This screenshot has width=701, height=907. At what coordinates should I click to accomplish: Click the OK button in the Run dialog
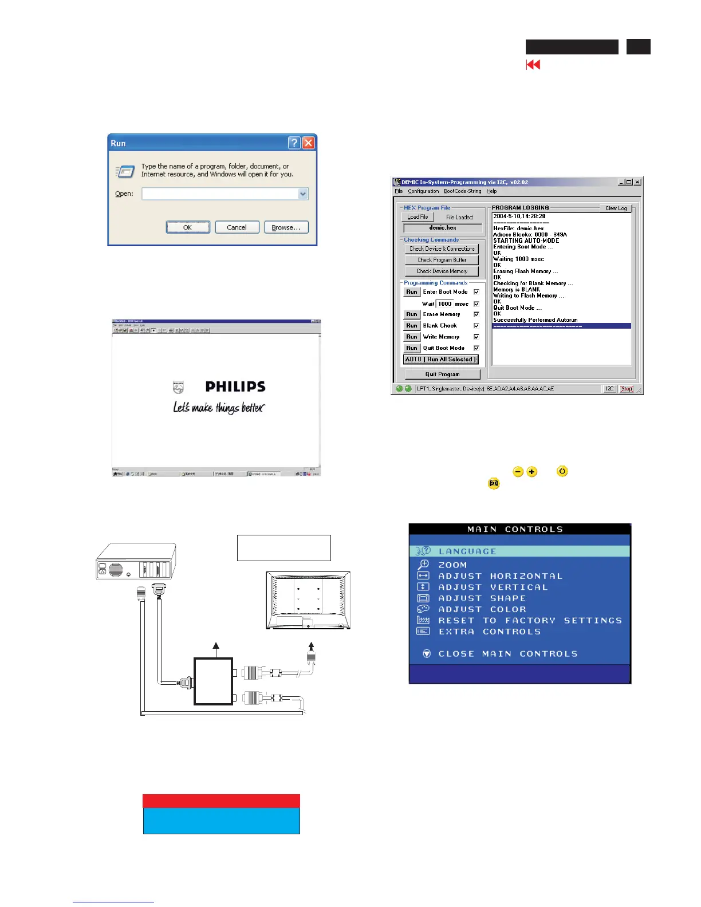pos(188,227)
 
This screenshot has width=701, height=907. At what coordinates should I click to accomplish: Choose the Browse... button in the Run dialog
pos(286,227)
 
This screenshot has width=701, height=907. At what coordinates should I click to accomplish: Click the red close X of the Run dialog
pos(308,143)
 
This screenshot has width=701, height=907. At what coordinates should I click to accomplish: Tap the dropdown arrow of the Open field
pos(303,194)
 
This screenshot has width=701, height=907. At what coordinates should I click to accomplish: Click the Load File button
pos(418,217)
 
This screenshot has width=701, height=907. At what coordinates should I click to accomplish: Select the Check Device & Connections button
pos(442,249)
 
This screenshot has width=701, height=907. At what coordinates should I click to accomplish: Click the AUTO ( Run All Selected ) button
pos(440,360)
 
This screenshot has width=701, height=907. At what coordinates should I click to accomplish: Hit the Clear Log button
pos(616,208)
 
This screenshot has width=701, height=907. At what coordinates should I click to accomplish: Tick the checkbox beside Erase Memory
pos(476,314)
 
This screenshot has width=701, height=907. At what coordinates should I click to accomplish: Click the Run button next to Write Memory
pos(412,337)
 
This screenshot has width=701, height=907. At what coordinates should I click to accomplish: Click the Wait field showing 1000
pos(445,304)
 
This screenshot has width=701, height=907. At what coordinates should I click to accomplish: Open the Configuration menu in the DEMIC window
pos(423,191)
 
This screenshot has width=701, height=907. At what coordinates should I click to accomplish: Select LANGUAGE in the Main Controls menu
pos(467,551)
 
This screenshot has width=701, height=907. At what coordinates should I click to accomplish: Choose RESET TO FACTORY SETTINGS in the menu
pos(530,621)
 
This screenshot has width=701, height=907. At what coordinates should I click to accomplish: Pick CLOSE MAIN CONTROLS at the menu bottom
pos(507,654)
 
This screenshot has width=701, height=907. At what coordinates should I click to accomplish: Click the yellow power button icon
pos(562,472)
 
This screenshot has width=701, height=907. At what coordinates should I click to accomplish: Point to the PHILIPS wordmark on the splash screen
pos(235,387)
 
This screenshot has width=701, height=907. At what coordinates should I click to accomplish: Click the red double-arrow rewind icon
pos(533,65)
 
